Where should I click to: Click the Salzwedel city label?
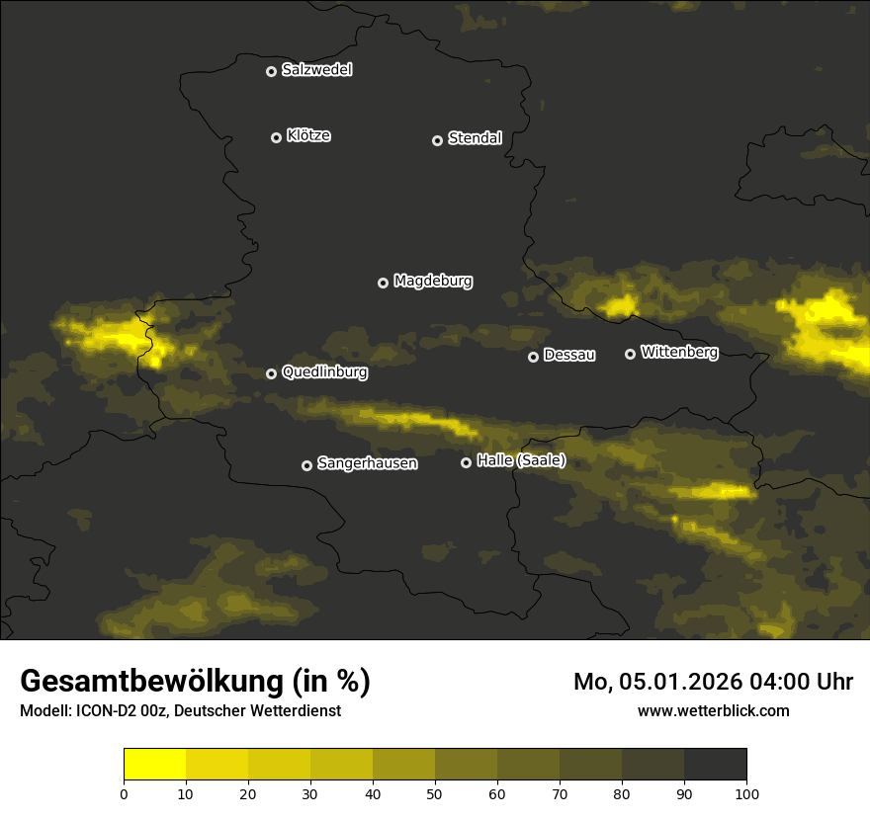316,70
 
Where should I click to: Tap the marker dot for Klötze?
276,137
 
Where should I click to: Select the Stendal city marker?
437,140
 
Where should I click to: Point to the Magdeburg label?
433,282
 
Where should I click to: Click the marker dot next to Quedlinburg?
271,373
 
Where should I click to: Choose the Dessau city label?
569,356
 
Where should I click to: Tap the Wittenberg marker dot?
630,354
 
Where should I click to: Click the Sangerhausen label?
367,463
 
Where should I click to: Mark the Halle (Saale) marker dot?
466,462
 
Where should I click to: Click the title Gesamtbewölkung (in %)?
196,682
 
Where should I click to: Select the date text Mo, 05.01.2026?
672,682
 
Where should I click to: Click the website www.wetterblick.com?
714,710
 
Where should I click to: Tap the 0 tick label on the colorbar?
124,793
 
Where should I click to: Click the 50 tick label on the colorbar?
435,793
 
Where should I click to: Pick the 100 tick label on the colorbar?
746,793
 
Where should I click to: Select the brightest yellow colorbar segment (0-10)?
155,765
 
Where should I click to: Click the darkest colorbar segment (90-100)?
715,765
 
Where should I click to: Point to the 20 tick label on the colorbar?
248,793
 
